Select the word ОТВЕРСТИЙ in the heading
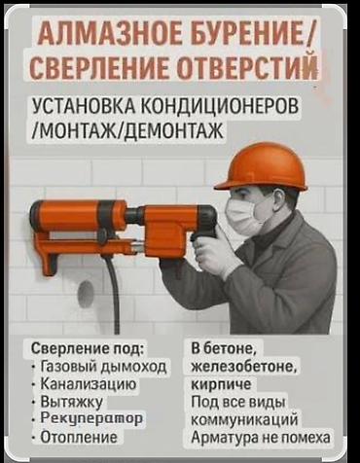tap(249, 67)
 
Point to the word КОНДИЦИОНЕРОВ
tap(220, 106)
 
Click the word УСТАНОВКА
tap(85, 106)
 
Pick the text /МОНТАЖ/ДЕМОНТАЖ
tap(128, 130)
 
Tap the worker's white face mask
tap(243, 216)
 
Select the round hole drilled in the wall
tap(86, 295)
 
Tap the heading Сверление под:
tap(87, 349)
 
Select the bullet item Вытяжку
tap(71, 402)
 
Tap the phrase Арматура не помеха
tap(261, 437)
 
